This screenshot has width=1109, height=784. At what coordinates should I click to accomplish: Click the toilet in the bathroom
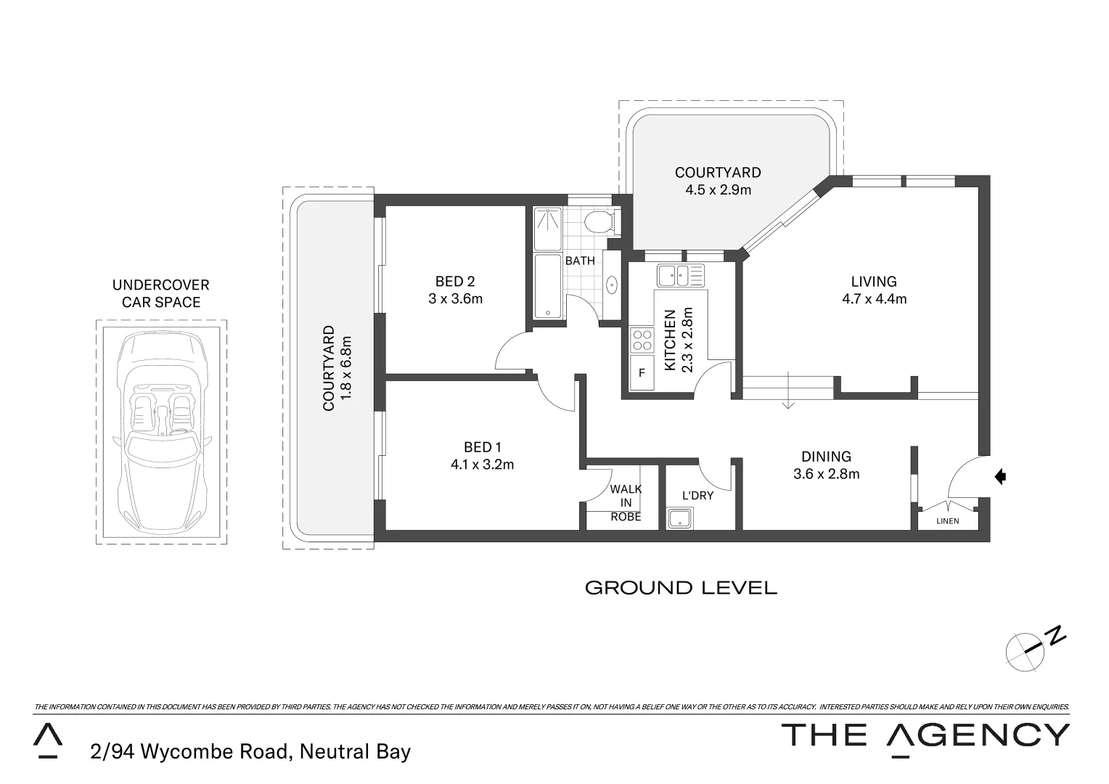pos(601,221)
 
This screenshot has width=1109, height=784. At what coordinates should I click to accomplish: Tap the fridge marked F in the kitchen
pos(642,373)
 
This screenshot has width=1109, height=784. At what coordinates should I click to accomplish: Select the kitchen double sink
pos(680,276)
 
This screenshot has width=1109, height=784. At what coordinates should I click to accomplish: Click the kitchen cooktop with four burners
pos(642,340)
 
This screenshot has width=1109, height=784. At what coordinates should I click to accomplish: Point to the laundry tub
pos(680,518)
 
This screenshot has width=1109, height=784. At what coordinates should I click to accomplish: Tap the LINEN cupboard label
pos(948,521)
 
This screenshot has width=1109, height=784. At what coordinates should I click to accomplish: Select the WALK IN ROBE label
pos(626,503)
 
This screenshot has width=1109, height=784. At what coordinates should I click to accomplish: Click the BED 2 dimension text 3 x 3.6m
pos(455,298)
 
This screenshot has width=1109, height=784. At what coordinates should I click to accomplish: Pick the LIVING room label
pos(874,282)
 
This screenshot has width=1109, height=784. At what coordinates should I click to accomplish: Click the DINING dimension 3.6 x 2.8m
pos(826,474)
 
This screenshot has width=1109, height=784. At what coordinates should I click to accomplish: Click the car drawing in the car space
pos(161,430)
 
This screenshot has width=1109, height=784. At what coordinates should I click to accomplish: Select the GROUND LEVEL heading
pos(681,588)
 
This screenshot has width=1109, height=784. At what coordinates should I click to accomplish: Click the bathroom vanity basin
pos(611,285)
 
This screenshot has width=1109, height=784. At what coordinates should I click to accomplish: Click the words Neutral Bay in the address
pos(355,752)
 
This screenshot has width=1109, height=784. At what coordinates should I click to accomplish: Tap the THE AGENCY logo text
pos(925,735)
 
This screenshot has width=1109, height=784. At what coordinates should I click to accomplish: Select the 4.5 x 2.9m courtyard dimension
pos(718,190)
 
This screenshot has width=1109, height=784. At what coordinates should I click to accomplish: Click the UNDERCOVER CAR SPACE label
pos(160,294)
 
